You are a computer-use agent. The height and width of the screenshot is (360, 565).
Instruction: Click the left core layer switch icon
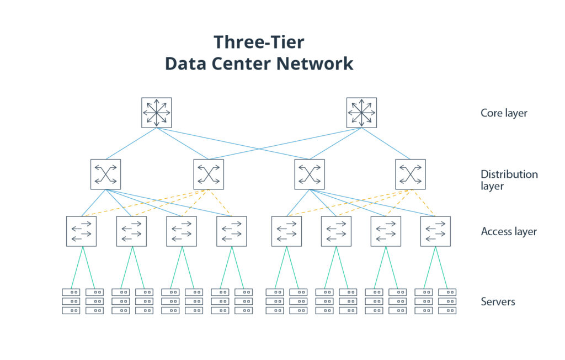157,113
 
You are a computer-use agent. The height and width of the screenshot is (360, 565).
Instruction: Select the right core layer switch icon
361,113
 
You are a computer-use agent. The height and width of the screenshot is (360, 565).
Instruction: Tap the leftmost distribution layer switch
105,174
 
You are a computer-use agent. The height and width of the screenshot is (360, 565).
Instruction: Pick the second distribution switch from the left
209,174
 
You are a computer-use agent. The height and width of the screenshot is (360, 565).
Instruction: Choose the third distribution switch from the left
309,174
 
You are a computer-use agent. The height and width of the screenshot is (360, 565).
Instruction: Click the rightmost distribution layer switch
411,174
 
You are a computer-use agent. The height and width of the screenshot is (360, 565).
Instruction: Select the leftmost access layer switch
82,231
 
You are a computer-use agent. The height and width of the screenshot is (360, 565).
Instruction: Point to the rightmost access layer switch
435,231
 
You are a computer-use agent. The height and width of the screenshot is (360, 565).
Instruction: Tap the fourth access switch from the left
232,231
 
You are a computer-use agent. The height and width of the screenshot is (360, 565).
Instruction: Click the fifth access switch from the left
286,231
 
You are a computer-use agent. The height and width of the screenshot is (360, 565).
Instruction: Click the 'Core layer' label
504,113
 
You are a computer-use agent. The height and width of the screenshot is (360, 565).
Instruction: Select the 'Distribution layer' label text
509,180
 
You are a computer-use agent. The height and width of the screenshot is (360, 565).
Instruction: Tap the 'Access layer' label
509,232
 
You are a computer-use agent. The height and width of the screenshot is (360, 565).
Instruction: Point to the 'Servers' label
498,301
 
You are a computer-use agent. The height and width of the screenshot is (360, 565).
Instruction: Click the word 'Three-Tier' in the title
259,43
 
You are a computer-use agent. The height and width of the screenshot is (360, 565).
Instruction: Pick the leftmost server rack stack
71,301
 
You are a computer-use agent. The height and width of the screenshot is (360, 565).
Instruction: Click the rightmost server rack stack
447,301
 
